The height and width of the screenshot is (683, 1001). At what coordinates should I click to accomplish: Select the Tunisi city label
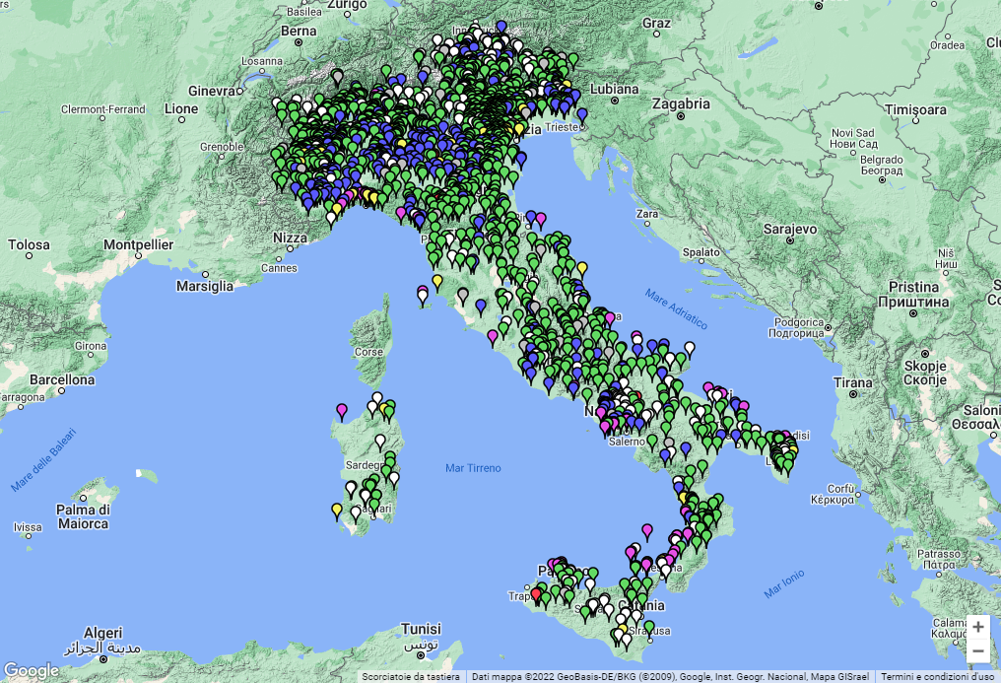click(x=421, y=629)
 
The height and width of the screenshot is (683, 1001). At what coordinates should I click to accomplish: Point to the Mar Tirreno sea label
click(x=473, y=468)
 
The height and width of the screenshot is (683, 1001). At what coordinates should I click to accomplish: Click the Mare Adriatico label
click(x=676, y=308)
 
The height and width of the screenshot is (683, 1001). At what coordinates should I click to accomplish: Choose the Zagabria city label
click(x=679, y=103)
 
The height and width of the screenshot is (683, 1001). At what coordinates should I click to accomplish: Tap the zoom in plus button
click(x=977, y=627)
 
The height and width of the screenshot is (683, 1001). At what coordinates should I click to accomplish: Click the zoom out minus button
click(x=977, y=651)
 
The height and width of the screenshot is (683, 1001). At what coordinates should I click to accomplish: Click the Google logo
click(x=31, y=670)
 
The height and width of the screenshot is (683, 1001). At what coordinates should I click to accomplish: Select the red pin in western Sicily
click(x=536, y=594)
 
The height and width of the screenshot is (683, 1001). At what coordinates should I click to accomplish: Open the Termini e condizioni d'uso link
click(x=938, y=677)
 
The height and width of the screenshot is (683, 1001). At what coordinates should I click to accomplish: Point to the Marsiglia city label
click(x=205, y=286)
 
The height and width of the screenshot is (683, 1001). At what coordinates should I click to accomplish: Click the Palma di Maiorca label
click(x=83, y=516)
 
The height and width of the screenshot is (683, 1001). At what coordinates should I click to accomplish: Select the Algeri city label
click(x=101, y=632)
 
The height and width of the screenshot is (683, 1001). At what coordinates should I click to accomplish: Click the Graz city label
click(x=655, y=23)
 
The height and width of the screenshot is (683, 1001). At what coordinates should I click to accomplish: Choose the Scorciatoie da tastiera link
click(x=410, y=677)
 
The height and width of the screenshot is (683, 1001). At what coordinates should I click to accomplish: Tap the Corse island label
click(x=368, y=351)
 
